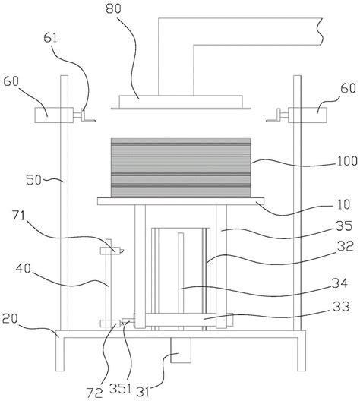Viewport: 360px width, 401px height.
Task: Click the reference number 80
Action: (113, 9)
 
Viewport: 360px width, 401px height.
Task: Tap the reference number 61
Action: (50, 38)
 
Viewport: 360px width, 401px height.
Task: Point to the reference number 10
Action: (344, 204)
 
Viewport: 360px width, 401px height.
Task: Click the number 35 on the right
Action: (344, 226)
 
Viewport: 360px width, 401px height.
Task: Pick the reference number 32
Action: (346, 246)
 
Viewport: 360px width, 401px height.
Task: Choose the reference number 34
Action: (339, 283)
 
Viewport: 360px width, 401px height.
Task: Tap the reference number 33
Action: (341, 306)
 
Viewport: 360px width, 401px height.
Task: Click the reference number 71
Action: (19, 216)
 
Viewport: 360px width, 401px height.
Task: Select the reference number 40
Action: (24, 269)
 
